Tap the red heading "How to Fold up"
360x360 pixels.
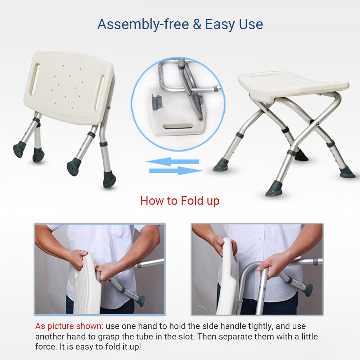click(x=180, y=201)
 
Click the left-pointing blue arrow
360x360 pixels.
click(x=173, y=161)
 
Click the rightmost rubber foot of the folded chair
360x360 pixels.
click(x=109, y=180)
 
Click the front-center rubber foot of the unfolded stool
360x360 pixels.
click(x=274, y=189)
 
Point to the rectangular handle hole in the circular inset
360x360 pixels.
click(x=179, y=127)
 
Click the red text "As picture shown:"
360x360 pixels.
click(x=69, y=327)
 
